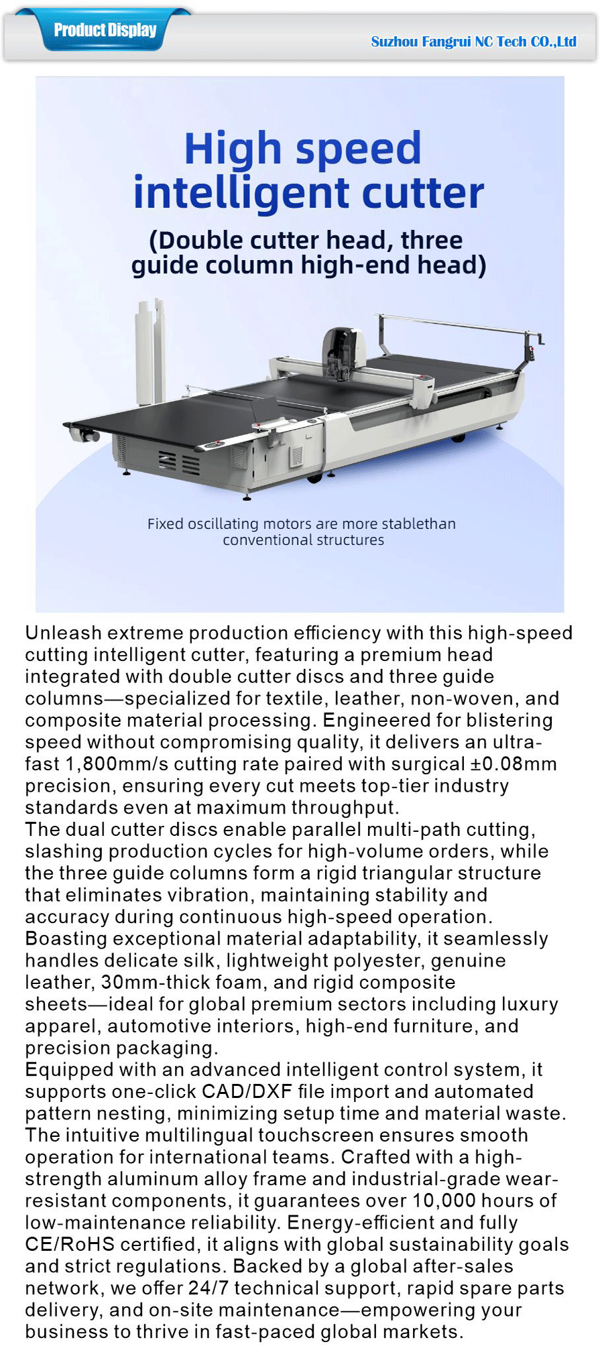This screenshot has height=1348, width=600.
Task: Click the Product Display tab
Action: [x=105, y=30]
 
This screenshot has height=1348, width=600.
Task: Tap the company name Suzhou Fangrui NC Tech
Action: [x=473, y=42]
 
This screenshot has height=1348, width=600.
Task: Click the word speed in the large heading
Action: [x=361, y=149]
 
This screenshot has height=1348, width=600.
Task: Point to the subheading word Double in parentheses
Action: [x=200, y=240]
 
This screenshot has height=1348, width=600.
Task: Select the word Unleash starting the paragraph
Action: [x=63, y=633]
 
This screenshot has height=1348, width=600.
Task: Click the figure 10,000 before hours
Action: [x=444, y=1201]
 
